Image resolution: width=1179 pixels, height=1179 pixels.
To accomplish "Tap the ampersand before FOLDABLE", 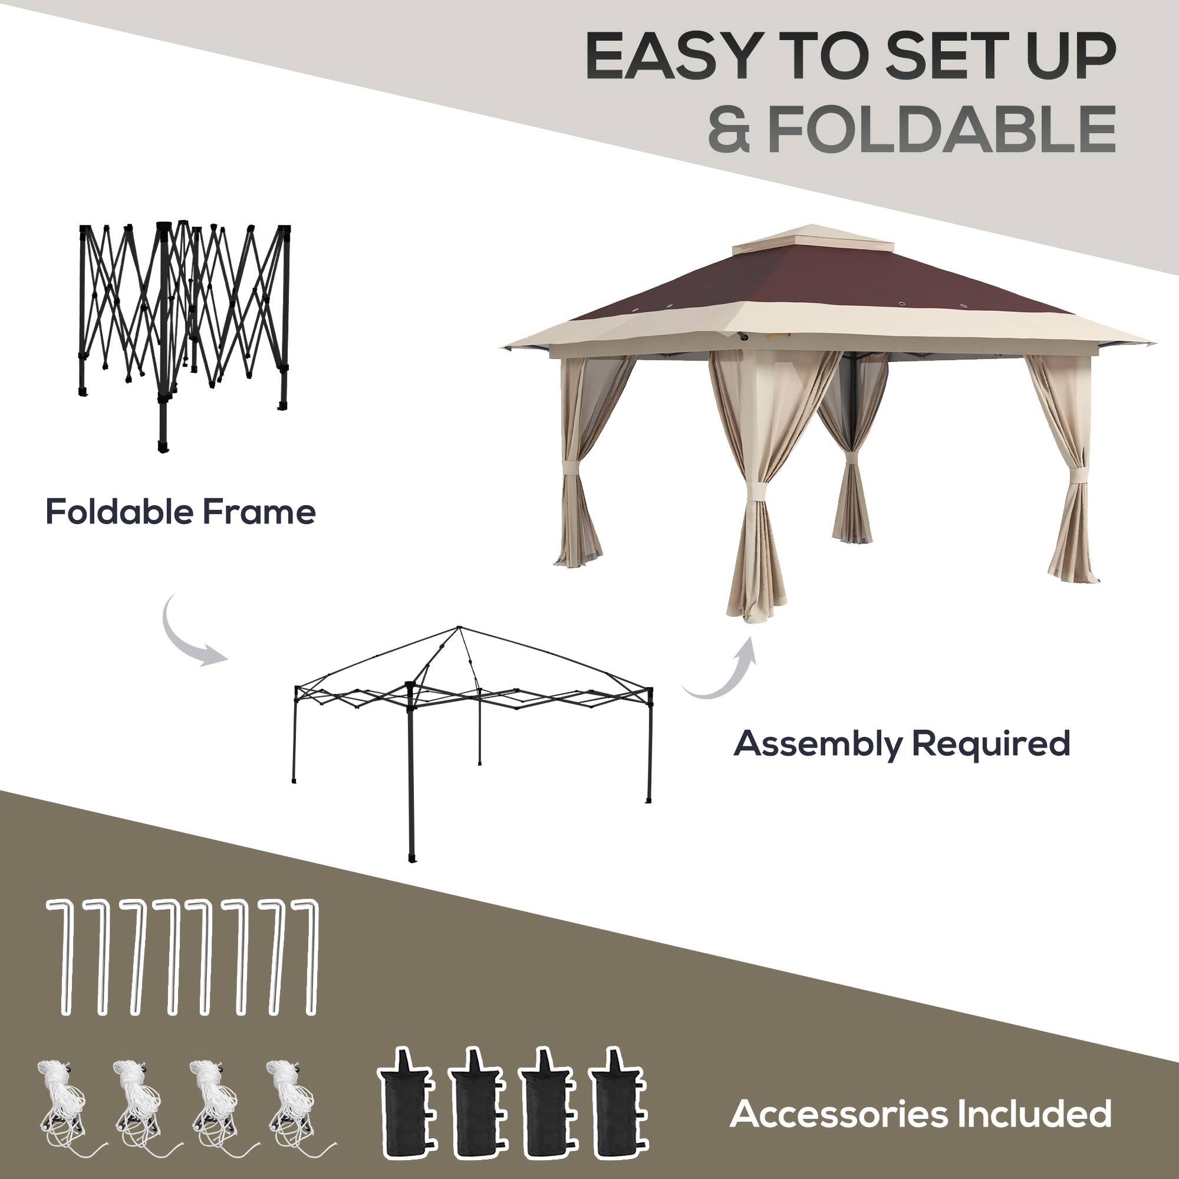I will pos(729,129).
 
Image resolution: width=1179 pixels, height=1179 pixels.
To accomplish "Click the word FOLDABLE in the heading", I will pos(942,129).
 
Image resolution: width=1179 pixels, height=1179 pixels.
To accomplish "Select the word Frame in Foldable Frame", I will pos(259,511).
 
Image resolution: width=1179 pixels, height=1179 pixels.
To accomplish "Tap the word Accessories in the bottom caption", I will pos(838,1114).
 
